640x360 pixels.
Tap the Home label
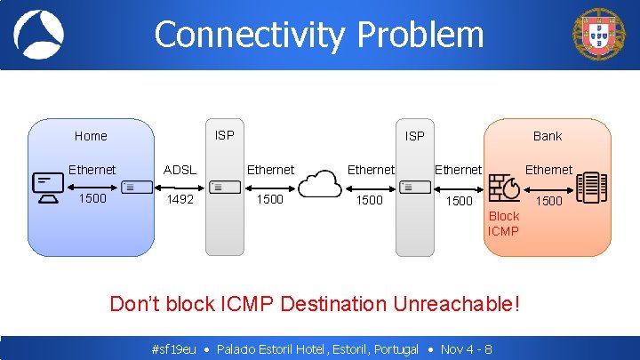(x=91, y=136)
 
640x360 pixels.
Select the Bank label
(x=548, y=136)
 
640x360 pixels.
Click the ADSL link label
(x=180, y=170)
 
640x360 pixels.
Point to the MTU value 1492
(x=180, y=200)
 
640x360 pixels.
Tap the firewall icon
(x=505, y=187)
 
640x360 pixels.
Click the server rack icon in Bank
(x=590, y=187)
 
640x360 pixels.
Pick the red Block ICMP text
(x=503, y=224)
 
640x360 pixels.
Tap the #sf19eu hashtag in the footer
(x=174, y=349)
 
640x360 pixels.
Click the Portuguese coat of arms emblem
(x=598, y=34)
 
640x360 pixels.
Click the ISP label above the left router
(x=225, y=135)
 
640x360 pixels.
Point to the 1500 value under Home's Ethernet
(x=92, y=198)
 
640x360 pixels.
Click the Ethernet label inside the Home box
(x=92, y=170)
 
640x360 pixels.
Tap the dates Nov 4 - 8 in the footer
(x=467, y=349)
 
